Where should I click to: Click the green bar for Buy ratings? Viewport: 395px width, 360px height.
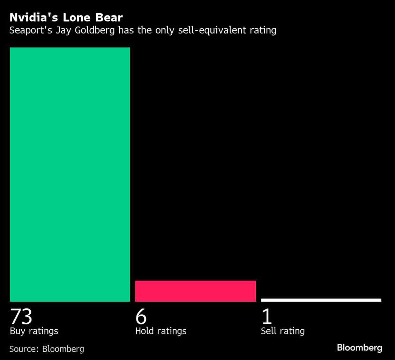(x=70, y=174)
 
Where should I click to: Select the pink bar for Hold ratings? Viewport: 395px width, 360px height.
(x=195, y=291)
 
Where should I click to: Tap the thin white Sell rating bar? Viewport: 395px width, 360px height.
(x=321, y=300)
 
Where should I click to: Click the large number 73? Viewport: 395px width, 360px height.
(x=21, y=316)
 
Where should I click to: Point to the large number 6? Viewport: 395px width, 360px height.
(x=141, y=316)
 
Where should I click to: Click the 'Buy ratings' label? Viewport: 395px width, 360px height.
(x=34, y=331)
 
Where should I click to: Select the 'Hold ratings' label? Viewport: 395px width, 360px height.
(x=161, y=331)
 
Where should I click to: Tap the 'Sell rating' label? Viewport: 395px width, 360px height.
(x=283, y=331)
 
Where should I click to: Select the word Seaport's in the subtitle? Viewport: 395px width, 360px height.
(x=30, y=30)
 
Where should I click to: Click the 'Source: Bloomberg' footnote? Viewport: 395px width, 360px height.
(x=47, y=349)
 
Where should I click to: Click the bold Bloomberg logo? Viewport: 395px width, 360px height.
(x=359, y=348)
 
